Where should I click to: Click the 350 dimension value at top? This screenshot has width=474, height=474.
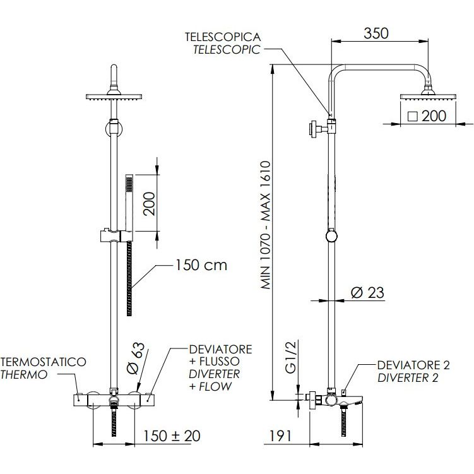coord(376,33)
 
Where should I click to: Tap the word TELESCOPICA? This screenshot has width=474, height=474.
coord(223,37)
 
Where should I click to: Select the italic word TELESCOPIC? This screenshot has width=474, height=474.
coord(227,50)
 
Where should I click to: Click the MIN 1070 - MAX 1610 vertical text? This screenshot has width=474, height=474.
coord(265,225)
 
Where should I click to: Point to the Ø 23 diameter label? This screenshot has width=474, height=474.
coord(367,292)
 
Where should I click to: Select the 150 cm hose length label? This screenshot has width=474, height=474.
coord(201,265)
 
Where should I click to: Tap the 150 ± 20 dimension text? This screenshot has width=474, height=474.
coord(172,435)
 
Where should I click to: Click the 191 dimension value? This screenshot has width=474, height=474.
coord(280,435)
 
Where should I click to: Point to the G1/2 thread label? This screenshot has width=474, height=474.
coord(291,357)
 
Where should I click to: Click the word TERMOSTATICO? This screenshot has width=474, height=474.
coord(43,362)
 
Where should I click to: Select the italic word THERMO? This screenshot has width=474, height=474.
coord(24,374)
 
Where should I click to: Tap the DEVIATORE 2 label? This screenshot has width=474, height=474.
coord(413,365)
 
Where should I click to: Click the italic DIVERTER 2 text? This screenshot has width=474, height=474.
coord(408,378)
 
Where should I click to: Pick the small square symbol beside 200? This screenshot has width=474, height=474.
coord(412,116)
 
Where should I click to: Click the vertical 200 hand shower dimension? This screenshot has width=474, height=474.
coord(150,203)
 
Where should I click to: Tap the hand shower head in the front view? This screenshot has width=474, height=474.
coord(129,184)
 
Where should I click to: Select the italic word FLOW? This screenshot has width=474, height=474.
coord(210,386)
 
